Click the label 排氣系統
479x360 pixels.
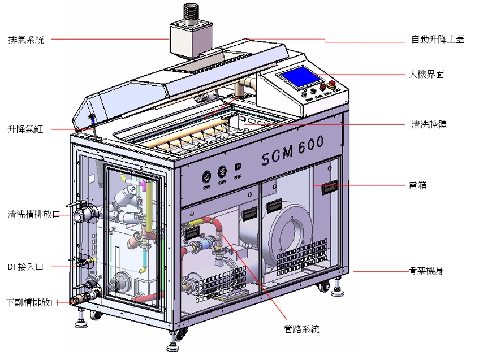click(26, 40)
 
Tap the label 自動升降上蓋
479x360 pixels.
click(438, 40)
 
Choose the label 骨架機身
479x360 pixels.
click(426, 271)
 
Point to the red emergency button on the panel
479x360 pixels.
click(331, 85)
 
